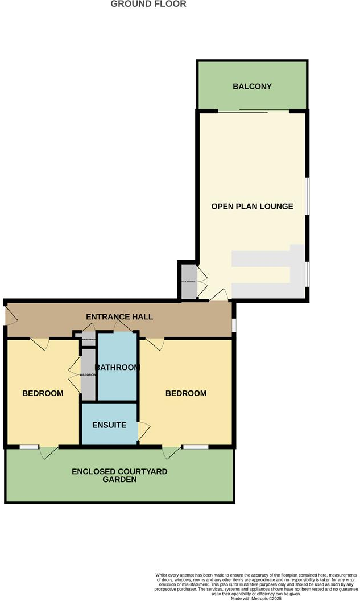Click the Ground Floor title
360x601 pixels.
[148, 4]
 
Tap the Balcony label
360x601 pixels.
[252, 87]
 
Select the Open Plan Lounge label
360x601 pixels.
[252, 206]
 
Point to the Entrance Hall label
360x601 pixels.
[119, 316]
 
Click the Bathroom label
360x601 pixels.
[117, 367]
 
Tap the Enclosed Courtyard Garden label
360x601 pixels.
[119, 475]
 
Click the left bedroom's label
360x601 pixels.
[43, 393]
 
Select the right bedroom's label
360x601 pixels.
[186, 393]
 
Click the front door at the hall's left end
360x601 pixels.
[10, 316]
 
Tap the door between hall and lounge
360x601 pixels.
[219, 295]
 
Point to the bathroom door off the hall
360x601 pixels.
[121, 326]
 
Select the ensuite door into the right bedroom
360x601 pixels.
[143, 430]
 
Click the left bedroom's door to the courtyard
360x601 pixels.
[48, 452]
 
